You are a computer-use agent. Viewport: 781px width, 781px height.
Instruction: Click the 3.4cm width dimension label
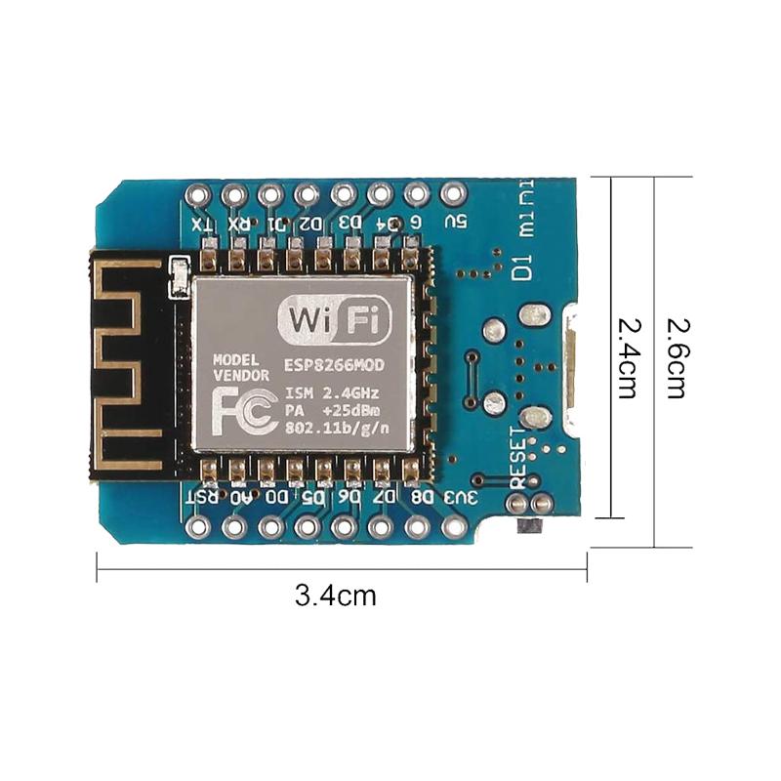tap(335, 595)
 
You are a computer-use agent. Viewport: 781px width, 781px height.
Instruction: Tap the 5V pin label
tap(454, 222)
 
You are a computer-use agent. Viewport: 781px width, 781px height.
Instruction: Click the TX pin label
tap(202, 225)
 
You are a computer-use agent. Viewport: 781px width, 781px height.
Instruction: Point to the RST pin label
tap(202, 497)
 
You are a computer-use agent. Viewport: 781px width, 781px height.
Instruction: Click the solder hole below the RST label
tap(200, 527)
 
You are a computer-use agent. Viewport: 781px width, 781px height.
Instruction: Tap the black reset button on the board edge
tap(527, 527)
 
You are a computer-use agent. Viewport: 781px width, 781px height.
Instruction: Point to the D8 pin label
tap(422, 497)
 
